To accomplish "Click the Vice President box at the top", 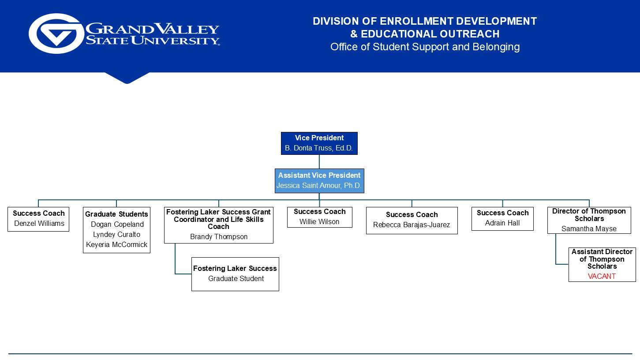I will click(x=319, y=143).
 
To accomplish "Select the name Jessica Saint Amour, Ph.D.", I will click(x=319, y=186).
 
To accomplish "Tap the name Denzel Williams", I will click(x=39, y=224).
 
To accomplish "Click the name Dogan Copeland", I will click(x=117, y=225).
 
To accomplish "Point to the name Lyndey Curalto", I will click(x=116, y=235).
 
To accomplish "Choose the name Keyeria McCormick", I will click(x=116, y=245).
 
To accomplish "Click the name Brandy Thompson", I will click(x=218, y=237).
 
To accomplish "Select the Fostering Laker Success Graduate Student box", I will click(x=235, y=274).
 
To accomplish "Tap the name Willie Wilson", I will click(x=319, y=222).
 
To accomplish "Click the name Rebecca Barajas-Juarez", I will click(x=412, y=225).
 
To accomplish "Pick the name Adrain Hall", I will click(x=502, y=223).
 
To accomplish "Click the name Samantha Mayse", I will click(x=589, y=229).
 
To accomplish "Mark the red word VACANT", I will click(x=602, y=277).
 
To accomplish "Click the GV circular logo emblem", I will click(x=56, y=34).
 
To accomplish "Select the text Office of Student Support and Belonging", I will click(x=425, y=47).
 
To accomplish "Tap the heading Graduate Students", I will click(x=116, y=214).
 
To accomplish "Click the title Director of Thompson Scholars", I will click(x=589, y=215).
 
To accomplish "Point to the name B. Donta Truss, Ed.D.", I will click(x=319, y=148).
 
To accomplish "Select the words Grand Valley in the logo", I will click(x=152, y=29).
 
